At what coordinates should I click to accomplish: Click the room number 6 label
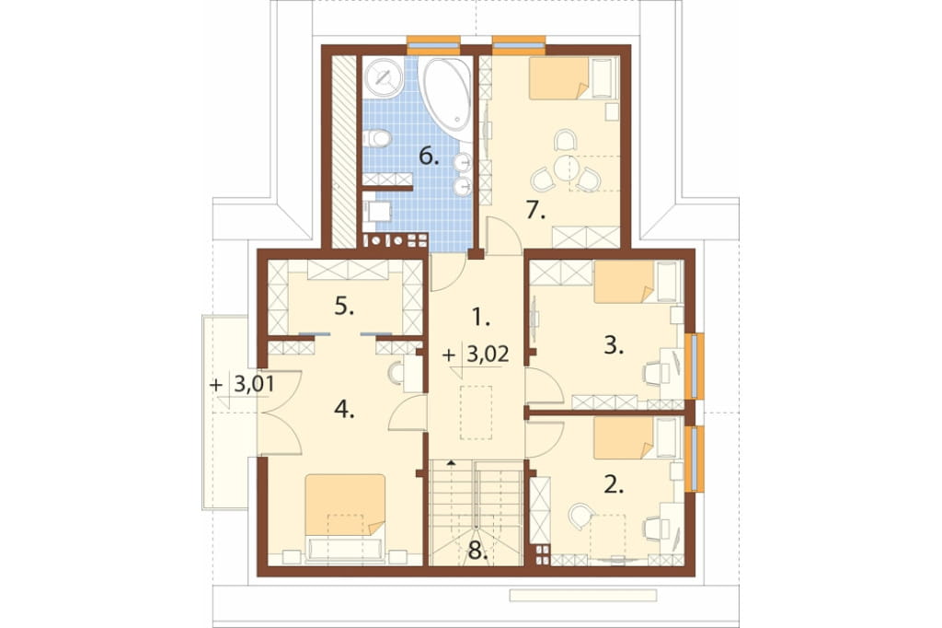(x=429, y=157)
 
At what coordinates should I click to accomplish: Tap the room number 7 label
(x=534, y=211)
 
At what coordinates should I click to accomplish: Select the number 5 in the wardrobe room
(x=344, y=308)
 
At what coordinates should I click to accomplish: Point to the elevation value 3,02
(x=488, y=355)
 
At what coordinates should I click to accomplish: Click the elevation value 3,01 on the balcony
(x=254, y=384)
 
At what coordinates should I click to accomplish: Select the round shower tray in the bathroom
(x=383, y=76)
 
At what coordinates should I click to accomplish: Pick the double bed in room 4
(x=345, y=518)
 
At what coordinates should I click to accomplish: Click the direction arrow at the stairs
(x=450, y=461)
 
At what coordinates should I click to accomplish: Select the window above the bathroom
(x=434, y=44)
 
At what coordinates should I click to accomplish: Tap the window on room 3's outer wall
(x=695, y=366)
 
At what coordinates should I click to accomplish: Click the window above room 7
(x=519, y=44)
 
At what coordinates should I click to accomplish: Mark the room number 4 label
(x=344, y=411)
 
